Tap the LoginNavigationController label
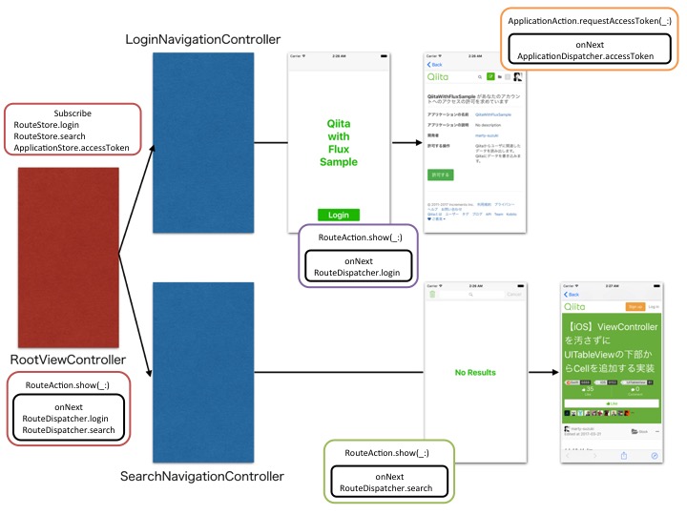(x=203, y=39)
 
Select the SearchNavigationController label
(x=202, y=474)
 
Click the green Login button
(x=338, y=215)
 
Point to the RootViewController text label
(x=68, y=360)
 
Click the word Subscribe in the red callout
(x=73, y=113)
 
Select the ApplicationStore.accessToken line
(x=72, y=148)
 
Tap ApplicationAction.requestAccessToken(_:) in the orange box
(x=592, y=20)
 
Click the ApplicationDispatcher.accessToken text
(x=592, y=56)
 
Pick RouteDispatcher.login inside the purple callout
(x=357, y=273)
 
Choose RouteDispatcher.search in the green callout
(x=386, y=488)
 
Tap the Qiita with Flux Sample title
(x=338, y=142)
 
